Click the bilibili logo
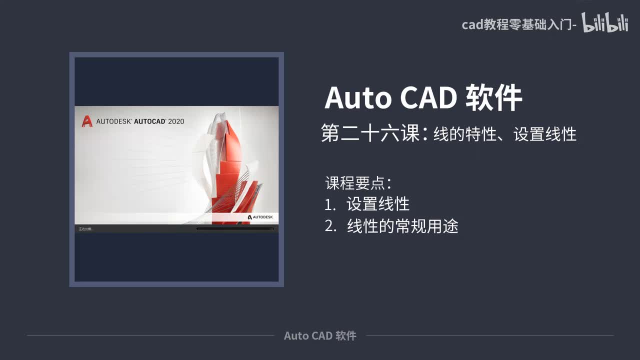605,23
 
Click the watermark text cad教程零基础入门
517,24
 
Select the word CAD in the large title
428,98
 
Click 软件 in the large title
494,98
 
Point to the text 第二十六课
370,134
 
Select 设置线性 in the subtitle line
545,134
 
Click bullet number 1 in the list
329,204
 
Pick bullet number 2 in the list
330,227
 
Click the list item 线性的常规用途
402,227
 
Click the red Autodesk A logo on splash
87,121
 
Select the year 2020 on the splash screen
176,121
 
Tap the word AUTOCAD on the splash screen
150,121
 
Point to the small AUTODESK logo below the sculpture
260,217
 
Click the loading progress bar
235,229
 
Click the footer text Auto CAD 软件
320,335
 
